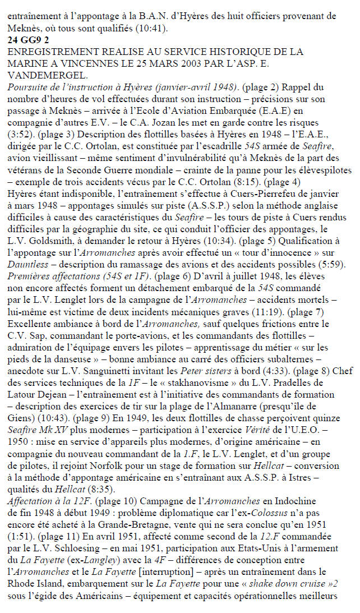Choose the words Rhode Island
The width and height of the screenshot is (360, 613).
[x=35, y=577]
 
